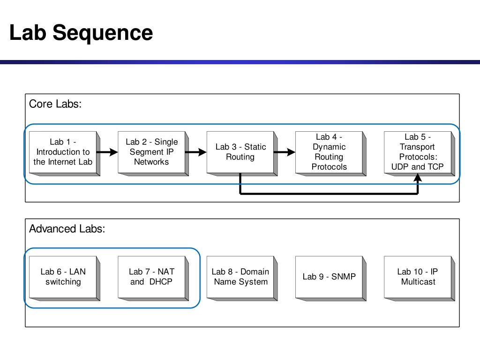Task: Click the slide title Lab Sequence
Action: (81, 33)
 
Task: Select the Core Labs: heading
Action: (55, 104)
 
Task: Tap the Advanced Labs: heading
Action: (67, 229)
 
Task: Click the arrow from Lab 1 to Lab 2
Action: (107, 152)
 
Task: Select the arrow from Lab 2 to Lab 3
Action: (196, 152)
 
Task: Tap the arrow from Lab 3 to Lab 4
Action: (285, 152)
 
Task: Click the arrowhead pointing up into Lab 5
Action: (418, 178)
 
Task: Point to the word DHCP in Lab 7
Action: (161, 282)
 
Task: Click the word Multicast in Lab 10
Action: (418, 282)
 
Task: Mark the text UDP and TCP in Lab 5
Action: (417, 167)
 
